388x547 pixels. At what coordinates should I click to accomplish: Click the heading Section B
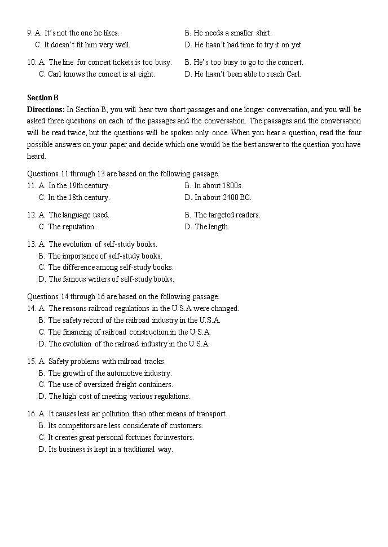tap(43, 97)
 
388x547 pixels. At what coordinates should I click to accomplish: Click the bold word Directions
tap(46, 109)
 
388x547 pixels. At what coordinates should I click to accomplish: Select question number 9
tap(30, 33)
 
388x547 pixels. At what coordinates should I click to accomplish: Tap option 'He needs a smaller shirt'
tap(232, 33)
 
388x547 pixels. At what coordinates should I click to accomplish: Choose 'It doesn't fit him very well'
tap(86, 45)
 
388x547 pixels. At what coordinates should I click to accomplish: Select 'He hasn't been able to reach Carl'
tap(247, 74)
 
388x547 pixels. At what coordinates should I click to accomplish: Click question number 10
tap(32, 63)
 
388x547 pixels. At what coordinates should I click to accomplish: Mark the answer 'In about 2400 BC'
tap(222, 198)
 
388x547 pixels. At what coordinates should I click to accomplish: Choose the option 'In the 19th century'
tap(78, 186)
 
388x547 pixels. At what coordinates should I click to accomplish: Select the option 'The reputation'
tap(72, 227)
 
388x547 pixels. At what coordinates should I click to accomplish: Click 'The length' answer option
tap(211, 227)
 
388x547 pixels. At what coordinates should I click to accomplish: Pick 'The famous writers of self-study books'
tap(111, 279)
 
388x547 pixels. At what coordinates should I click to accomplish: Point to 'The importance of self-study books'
tap(105, 256)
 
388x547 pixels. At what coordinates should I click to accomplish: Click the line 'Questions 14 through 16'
tap(123, 297)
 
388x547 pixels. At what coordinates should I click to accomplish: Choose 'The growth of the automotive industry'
tap(109, 373)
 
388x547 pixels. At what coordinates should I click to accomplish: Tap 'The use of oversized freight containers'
tap(110, 385)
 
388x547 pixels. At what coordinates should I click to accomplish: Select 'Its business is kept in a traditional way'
tap(110, 450)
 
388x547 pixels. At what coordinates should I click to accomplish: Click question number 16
tap(32, 414)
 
